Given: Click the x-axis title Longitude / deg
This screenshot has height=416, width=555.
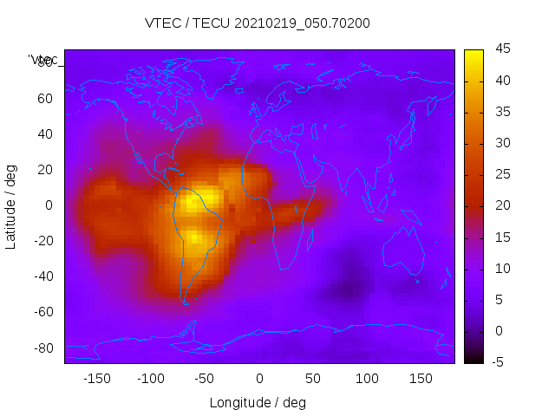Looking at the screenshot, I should coord(258,403).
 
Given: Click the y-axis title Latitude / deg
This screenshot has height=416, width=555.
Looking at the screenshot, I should coord(11,205).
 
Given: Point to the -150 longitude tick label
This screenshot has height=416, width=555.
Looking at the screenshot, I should coord(97,379).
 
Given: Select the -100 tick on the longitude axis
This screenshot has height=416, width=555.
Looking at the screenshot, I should coord(151,379).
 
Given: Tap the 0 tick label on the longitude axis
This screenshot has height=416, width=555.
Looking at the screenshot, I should coord(258,379).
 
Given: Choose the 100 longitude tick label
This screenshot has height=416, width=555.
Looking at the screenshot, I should coord(367,379).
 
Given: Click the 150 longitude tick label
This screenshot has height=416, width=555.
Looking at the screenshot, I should coord(421,379).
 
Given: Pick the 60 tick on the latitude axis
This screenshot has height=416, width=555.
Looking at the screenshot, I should coord(45,98).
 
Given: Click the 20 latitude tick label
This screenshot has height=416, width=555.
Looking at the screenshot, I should coord(45,170).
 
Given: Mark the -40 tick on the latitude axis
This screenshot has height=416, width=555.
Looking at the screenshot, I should coord(42,276).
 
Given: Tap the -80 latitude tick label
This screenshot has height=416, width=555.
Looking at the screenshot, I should coord(42,348).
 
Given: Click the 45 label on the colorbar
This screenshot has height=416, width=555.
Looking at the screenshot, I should coord(502,50).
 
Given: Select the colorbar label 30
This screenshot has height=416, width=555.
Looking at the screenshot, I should coord(502,143).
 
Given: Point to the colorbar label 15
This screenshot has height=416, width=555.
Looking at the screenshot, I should coord(502,237).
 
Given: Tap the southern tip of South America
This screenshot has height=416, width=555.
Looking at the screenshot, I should coord(184,302).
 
